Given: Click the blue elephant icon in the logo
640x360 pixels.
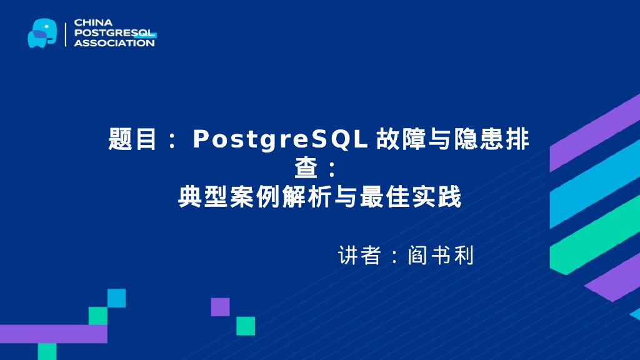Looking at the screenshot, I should pyautogui.click(x=42, y=32).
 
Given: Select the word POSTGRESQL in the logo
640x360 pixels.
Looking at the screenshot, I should pyautogui.click(x=115, y=32).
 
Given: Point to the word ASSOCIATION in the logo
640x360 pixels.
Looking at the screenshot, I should pyautogui.click(x=114, y=42).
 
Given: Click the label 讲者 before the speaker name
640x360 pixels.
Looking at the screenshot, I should pyautogui.click(x=359, y=256).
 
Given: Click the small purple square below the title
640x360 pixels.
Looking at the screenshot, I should pyautogui.click(x=220, y=307).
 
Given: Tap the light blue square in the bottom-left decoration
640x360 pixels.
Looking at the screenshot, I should pyautogui.click(x=116, y=298).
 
